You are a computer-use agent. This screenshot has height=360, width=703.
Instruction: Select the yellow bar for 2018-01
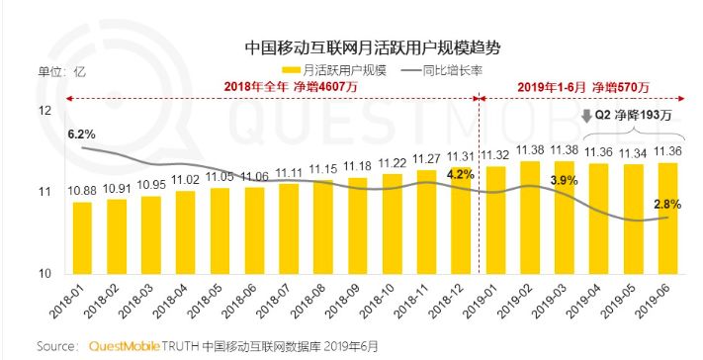(82, 237)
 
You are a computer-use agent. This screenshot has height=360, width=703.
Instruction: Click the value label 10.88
(83, 190)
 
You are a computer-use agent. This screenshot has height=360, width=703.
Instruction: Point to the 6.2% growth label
(82, 133)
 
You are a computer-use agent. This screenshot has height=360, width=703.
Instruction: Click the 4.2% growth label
(462, 175)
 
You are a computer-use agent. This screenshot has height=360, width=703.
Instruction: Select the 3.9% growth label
(564, 180)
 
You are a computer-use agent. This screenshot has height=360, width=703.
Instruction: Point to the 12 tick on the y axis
(44, 111)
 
